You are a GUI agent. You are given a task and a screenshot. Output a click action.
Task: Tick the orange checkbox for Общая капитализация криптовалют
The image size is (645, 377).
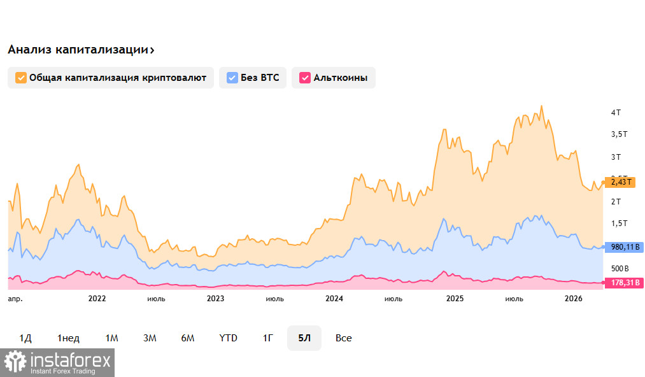(20, 78)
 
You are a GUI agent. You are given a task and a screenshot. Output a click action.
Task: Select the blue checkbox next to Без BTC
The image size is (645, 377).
(232, 78)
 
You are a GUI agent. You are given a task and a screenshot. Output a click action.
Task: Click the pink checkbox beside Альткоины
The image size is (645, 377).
(304, 78)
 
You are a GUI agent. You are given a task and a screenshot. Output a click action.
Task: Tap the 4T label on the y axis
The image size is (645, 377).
(616, 113)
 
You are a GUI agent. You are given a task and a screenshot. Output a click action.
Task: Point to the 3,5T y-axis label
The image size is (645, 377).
(619, 134)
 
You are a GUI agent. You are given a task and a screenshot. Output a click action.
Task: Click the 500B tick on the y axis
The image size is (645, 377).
(620, 268)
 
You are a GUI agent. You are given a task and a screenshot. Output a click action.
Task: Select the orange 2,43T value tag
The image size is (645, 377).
(620, 182)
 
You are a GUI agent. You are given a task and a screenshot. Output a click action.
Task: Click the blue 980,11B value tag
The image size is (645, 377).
(623, 247)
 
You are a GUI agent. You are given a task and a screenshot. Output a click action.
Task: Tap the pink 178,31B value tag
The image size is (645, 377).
(623, 283)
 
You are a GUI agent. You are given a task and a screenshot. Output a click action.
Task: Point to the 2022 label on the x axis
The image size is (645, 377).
(97, 299)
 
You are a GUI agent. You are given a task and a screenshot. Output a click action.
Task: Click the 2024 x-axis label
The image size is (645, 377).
(334, 299)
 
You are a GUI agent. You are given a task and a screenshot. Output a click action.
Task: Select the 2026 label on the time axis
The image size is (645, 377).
(574, 299)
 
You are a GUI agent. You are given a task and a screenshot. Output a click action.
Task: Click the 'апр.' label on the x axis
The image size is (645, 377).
(14, 299)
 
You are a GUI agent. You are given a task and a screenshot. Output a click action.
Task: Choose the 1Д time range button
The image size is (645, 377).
(25, 338)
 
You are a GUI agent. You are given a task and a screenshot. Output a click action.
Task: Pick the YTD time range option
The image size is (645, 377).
(228, 338)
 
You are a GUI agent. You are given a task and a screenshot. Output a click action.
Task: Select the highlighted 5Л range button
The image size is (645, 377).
(304, 338)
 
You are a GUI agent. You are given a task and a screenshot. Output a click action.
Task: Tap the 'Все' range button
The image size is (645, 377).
(344, 338)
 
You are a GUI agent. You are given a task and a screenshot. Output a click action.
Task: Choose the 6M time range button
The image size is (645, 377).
(188, 338)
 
